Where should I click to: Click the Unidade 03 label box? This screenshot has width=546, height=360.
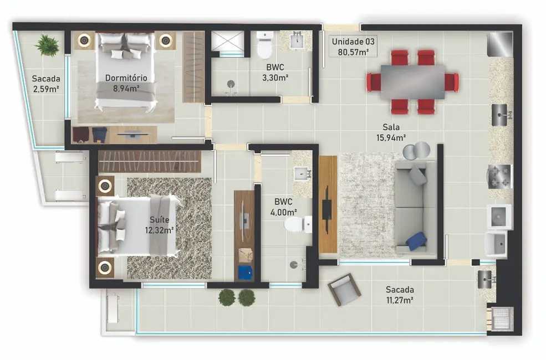tap(353, 47)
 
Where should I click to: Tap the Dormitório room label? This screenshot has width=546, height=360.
tap(126, 78)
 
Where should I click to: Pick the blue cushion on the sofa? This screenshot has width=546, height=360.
tap(416, 240)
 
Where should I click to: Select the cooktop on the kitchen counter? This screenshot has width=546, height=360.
tap(499, 177)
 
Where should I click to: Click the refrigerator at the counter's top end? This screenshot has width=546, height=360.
tap(499, 43)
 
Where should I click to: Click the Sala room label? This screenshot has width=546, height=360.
tap(391, 126)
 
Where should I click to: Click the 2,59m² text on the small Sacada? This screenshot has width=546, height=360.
tap(45, 89)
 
